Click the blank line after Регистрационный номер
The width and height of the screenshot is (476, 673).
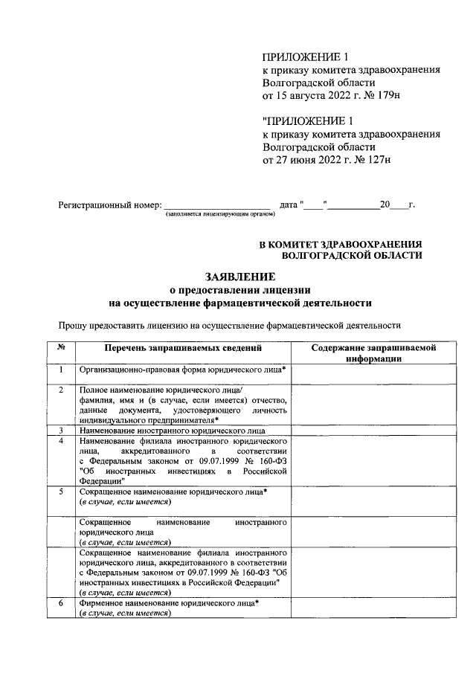pos(216,205)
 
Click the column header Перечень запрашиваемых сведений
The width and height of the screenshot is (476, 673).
pos(183,348)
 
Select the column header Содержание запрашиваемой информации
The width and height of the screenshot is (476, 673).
pos(373,352)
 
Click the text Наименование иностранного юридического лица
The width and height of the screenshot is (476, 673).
pos(173,431)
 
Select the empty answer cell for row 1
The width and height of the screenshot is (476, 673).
pos(373,373)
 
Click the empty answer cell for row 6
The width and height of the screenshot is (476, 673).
pos(373,608)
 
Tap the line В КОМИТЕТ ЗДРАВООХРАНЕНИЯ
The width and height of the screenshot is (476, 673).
pos(340,243)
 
